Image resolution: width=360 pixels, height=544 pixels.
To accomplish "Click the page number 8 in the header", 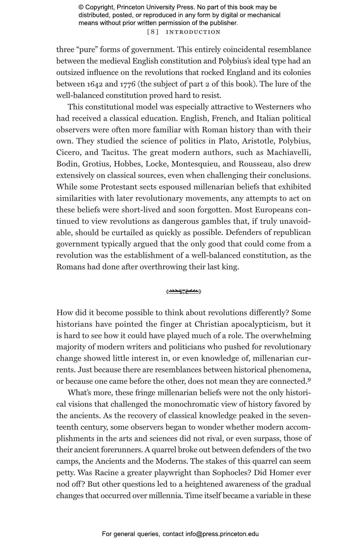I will click(x=153, y=32).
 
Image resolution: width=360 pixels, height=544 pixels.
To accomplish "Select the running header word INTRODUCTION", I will click(x=193, y=32).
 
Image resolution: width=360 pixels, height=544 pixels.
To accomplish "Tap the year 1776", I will click(x=128, y=84).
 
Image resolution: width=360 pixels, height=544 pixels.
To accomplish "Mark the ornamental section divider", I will click(x=184, y=291).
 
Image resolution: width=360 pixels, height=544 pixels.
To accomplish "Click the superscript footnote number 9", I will click(x=309, y=380).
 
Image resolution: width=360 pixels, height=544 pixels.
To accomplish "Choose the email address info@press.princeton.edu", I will click(x=222, y=534).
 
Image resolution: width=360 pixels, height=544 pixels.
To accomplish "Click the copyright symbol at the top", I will click(x=81, y=7).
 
